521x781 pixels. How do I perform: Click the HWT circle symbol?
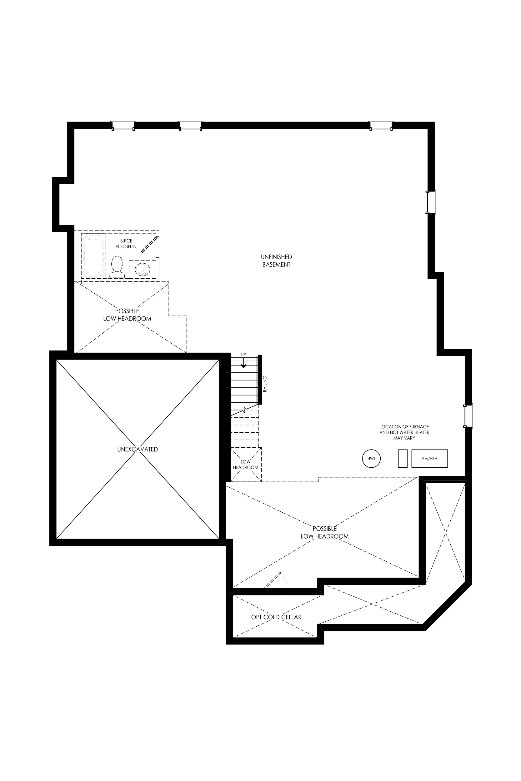tap(371, 459)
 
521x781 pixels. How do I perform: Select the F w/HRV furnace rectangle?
tap(430, 459)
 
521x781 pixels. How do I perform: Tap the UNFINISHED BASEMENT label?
tap(277, 261)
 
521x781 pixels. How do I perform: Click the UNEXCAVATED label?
tap(138, 449)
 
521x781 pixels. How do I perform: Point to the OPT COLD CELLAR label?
tap(277, 617)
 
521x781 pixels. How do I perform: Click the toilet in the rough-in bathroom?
tap(117, 267)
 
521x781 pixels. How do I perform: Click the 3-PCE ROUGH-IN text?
tap(126, 244)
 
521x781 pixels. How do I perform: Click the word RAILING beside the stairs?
tap(265, 384)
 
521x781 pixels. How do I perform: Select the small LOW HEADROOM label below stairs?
tap(246, 465)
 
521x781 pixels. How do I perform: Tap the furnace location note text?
tap(404, 432)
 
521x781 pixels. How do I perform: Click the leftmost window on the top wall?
tap(123, 126)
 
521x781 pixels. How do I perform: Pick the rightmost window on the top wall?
tap(381, 126)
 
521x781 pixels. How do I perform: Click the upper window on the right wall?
tap(431, 202)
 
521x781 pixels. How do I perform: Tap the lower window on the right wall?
tap(468, 416)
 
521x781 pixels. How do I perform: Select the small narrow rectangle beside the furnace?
tap(403, 459)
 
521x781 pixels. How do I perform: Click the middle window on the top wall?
tap(190, 126)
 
